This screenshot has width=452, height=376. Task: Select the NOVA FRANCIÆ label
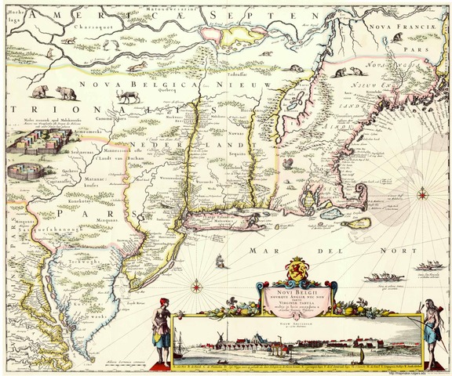405,29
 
